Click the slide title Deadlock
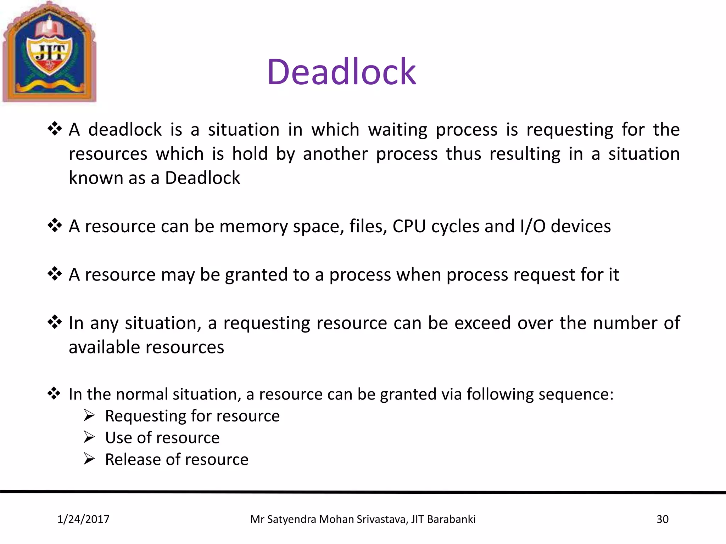pyautogui.click(x=341, y=72)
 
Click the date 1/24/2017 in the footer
pyautogui.click(x=83, y=519)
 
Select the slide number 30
pyautogui.click(x=662, y=519)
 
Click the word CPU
pyautogui.click(x=409, y=226)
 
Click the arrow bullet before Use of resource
pyautogui.click(x=89, y=437)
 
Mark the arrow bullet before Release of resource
pyautogui.click(x=89, y=459)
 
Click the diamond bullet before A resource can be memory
pyautogui.click(x=55, y=225)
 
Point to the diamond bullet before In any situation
pyautogui.click(x=55, y=322)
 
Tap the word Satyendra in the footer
pyautogui.click(x=291, y=519)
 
